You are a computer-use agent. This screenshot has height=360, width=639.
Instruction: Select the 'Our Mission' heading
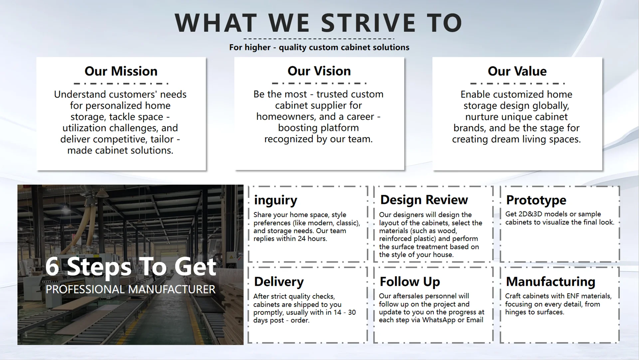[121, 71]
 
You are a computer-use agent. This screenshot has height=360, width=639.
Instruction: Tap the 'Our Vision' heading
[319, 71]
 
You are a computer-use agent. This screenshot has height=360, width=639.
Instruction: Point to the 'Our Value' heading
[517, 71]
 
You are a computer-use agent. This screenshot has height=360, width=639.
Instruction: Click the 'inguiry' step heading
[276, 200]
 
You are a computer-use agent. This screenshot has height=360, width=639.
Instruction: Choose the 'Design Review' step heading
[424, 199]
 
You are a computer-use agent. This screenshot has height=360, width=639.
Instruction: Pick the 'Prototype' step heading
[536, 200]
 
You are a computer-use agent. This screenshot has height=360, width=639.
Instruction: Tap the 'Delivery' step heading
[279, 282]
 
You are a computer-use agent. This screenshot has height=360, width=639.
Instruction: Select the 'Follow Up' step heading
[410, 281]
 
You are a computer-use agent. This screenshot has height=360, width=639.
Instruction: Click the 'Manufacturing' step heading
[550, 281]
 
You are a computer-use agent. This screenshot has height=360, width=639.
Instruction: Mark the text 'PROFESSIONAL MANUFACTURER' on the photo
[130, 289]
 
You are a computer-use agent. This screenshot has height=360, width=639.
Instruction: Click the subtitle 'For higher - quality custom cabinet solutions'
[319, 47]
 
